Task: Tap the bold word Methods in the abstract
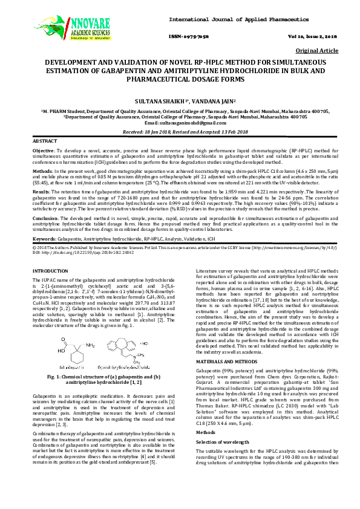click(x=42, y=171)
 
